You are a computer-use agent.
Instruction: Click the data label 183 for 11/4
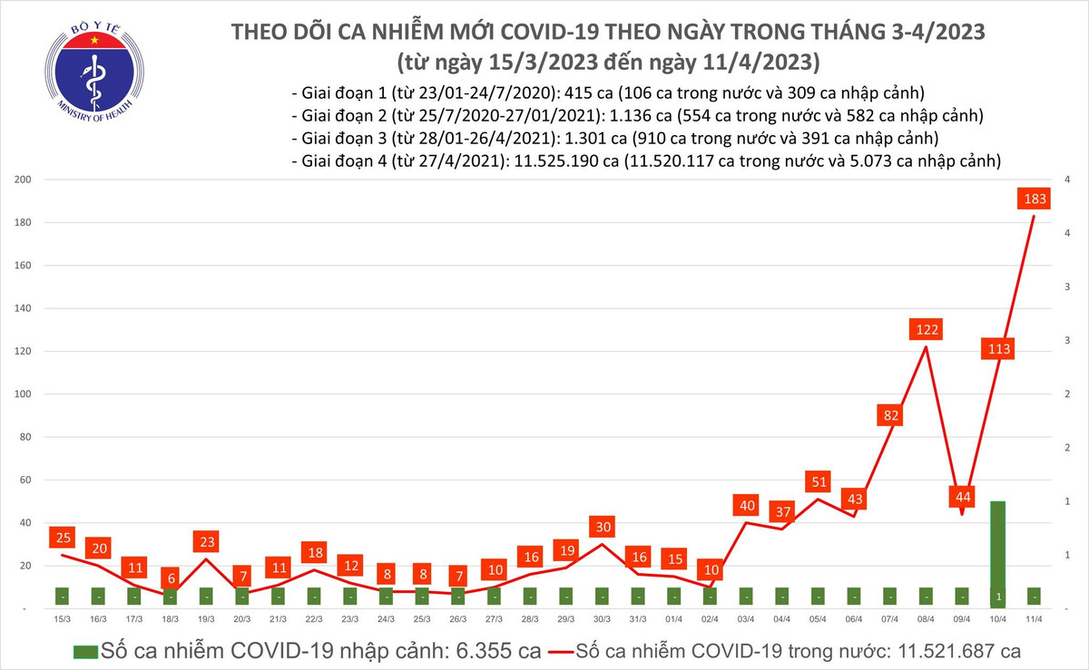(x=1033, y=199)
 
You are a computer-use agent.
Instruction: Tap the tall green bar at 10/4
(x=997, y=553)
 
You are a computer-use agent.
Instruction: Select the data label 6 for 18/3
(x=171, y=578)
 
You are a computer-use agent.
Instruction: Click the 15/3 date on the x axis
(x=62, y=618)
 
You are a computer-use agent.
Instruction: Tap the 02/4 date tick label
(x=709, y=618)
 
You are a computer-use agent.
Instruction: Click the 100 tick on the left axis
(x=23, y=394)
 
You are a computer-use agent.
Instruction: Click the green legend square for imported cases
(x=85, y=651)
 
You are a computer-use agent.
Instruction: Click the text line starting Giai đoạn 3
(x=614, y=139)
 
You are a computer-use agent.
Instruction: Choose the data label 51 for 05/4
(x=818, y=481)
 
